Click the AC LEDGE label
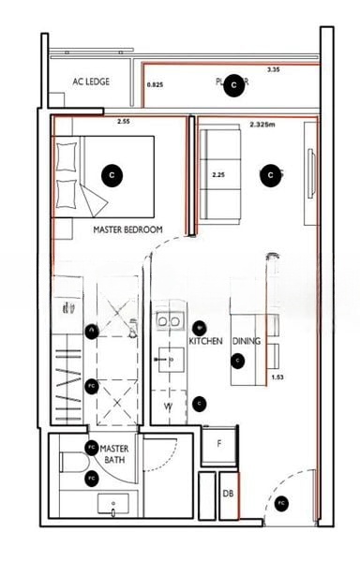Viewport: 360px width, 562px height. [91, 81]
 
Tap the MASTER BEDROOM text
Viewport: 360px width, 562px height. [128, 229]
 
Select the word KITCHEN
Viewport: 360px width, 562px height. [205, 342]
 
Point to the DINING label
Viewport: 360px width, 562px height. [247, 342]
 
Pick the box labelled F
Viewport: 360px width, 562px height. [218, 444]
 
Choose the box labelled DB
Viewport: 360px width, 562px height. [228, 494]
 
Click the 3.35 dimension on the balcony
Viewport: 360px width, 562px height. [273, 70]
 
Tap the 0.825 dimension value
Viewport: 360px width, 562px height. [156, 85]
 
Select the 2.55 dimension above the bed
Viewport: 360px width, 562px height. [123, 121]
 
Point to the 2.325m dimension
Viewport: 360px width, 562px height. [266, 124]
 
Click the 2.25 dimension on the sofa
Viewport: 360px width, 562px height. [217, 174]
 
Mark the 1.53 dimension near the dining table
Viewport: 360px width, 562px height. [277, 377]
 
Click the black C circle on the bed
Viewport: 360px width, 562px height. [112, 174]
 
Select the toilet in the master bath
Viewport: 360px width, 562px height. [69, 463]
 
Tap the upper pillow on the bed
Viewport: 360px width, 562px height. [66, 155]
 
